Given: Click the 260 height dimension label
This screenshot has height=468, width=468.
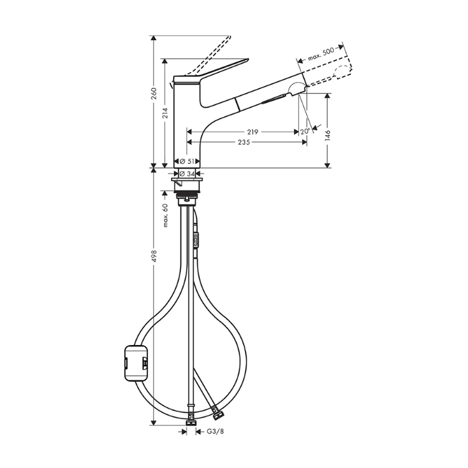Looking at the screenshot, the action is (x=154, y=94).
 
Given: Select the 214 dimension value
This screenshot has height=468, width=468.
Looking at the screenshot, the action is (x=165, y=113).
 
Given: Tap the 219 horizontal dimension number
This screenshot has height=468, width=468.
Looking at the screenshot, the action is (x=253, y=132).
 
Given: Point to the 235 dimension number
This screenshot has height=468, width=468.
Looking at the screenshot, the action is (x=244, y=142).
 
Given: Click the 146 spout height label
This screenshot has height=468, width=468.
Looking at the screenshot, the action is (x=328, y=136).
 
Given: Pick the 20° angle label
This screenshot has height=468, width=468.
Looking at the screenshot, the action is (x=305, y=131).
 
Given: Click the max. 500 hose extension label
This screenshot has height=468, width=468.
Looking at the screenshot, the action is (x=321, y=54).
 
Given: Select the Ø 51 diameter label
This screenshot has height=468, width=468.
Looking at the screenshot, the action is (x=187, y=162).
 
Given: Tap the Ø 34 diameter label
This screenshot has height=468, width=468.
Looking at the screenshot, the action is (x=188, y=173).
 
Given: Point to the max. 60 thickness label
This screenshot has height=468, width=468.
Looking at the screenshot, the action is (x=166, y=215).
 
